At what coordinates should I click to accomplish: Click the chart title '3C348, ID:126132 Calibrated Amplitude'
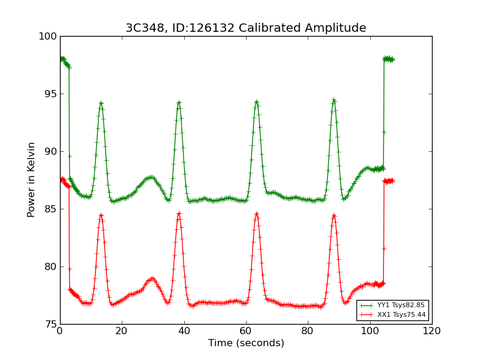(245, 28)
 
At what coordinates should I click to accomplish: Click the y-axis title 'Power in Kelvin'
(32, 179)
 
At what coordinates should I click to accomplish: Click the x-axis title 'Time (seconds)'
(246, 343)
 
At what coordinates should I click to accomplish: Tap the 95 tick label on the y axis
(50, 94)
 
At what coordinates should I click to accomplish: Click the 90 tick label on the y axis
(50, 152)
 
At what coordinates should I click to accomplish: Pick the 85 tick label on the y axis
(50, 209)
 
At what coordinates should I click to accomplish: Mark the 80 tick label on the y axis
(50, 267)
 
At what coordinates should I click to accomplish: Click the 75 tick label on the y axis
(50, 325)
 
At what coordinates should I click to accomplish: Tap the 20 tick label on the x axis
(122, 331)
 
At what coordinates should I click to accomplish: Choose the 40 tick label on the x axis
(184, 331)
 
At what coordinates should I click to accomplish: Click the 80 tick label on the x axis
(308, 331)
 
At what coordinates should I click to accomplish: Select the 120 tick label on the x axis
(431, 331)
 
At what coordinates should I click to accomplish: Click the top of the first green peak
(101, 103)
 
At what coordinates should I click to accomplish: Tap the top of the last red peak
(334, 215)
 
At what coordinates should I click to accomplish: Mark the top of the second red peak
(179, 213)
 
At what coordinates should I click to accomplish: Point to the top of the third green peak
(256, 101)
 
